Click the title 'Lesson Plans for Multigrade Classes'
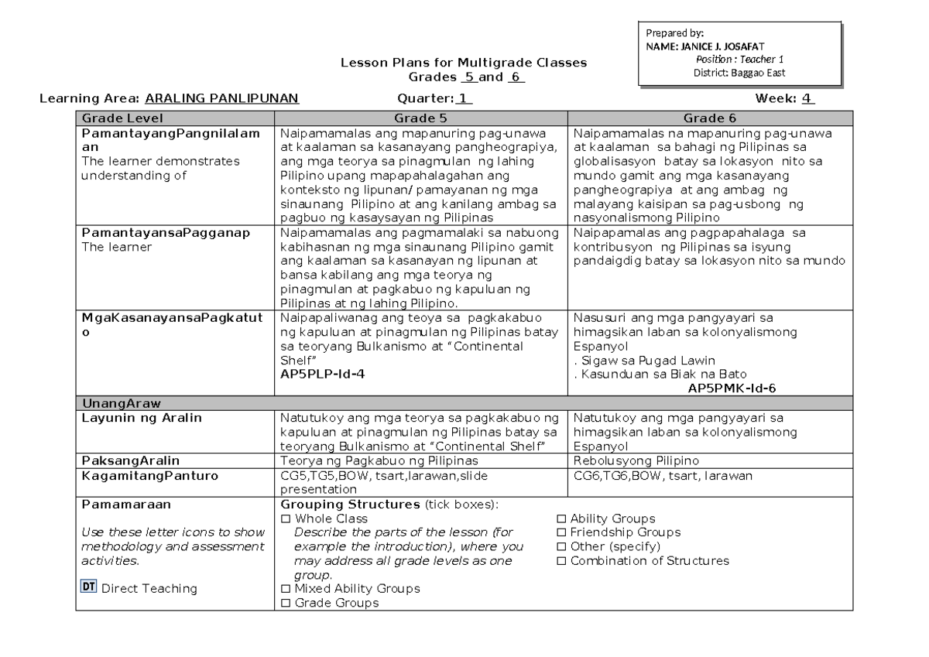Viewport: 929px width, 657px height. coord(464,63)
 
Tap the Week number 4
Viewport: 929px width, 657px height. coord(807,98)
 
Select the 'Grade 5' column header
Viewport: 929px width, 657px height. coord(420,118)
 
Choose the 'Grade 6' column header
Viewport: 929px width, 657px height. coord(709,118)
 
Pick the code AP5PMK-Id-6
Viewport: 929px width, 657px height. coord(732,388)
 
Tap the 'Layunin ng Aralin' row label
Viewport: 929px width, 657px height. coord(142,419)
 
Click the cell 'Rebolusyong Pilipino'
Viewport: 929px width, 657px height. coord(635,460)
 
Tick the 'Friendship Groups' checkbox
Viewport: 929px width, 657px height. coord(562,532)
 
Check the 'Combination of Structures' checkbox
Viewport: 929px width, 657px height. coord(562,561)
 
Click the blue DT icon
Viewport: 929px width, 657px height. coord(88,587)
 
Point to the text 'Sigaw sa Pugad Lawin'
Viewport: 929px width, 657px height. coord(644,360)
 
